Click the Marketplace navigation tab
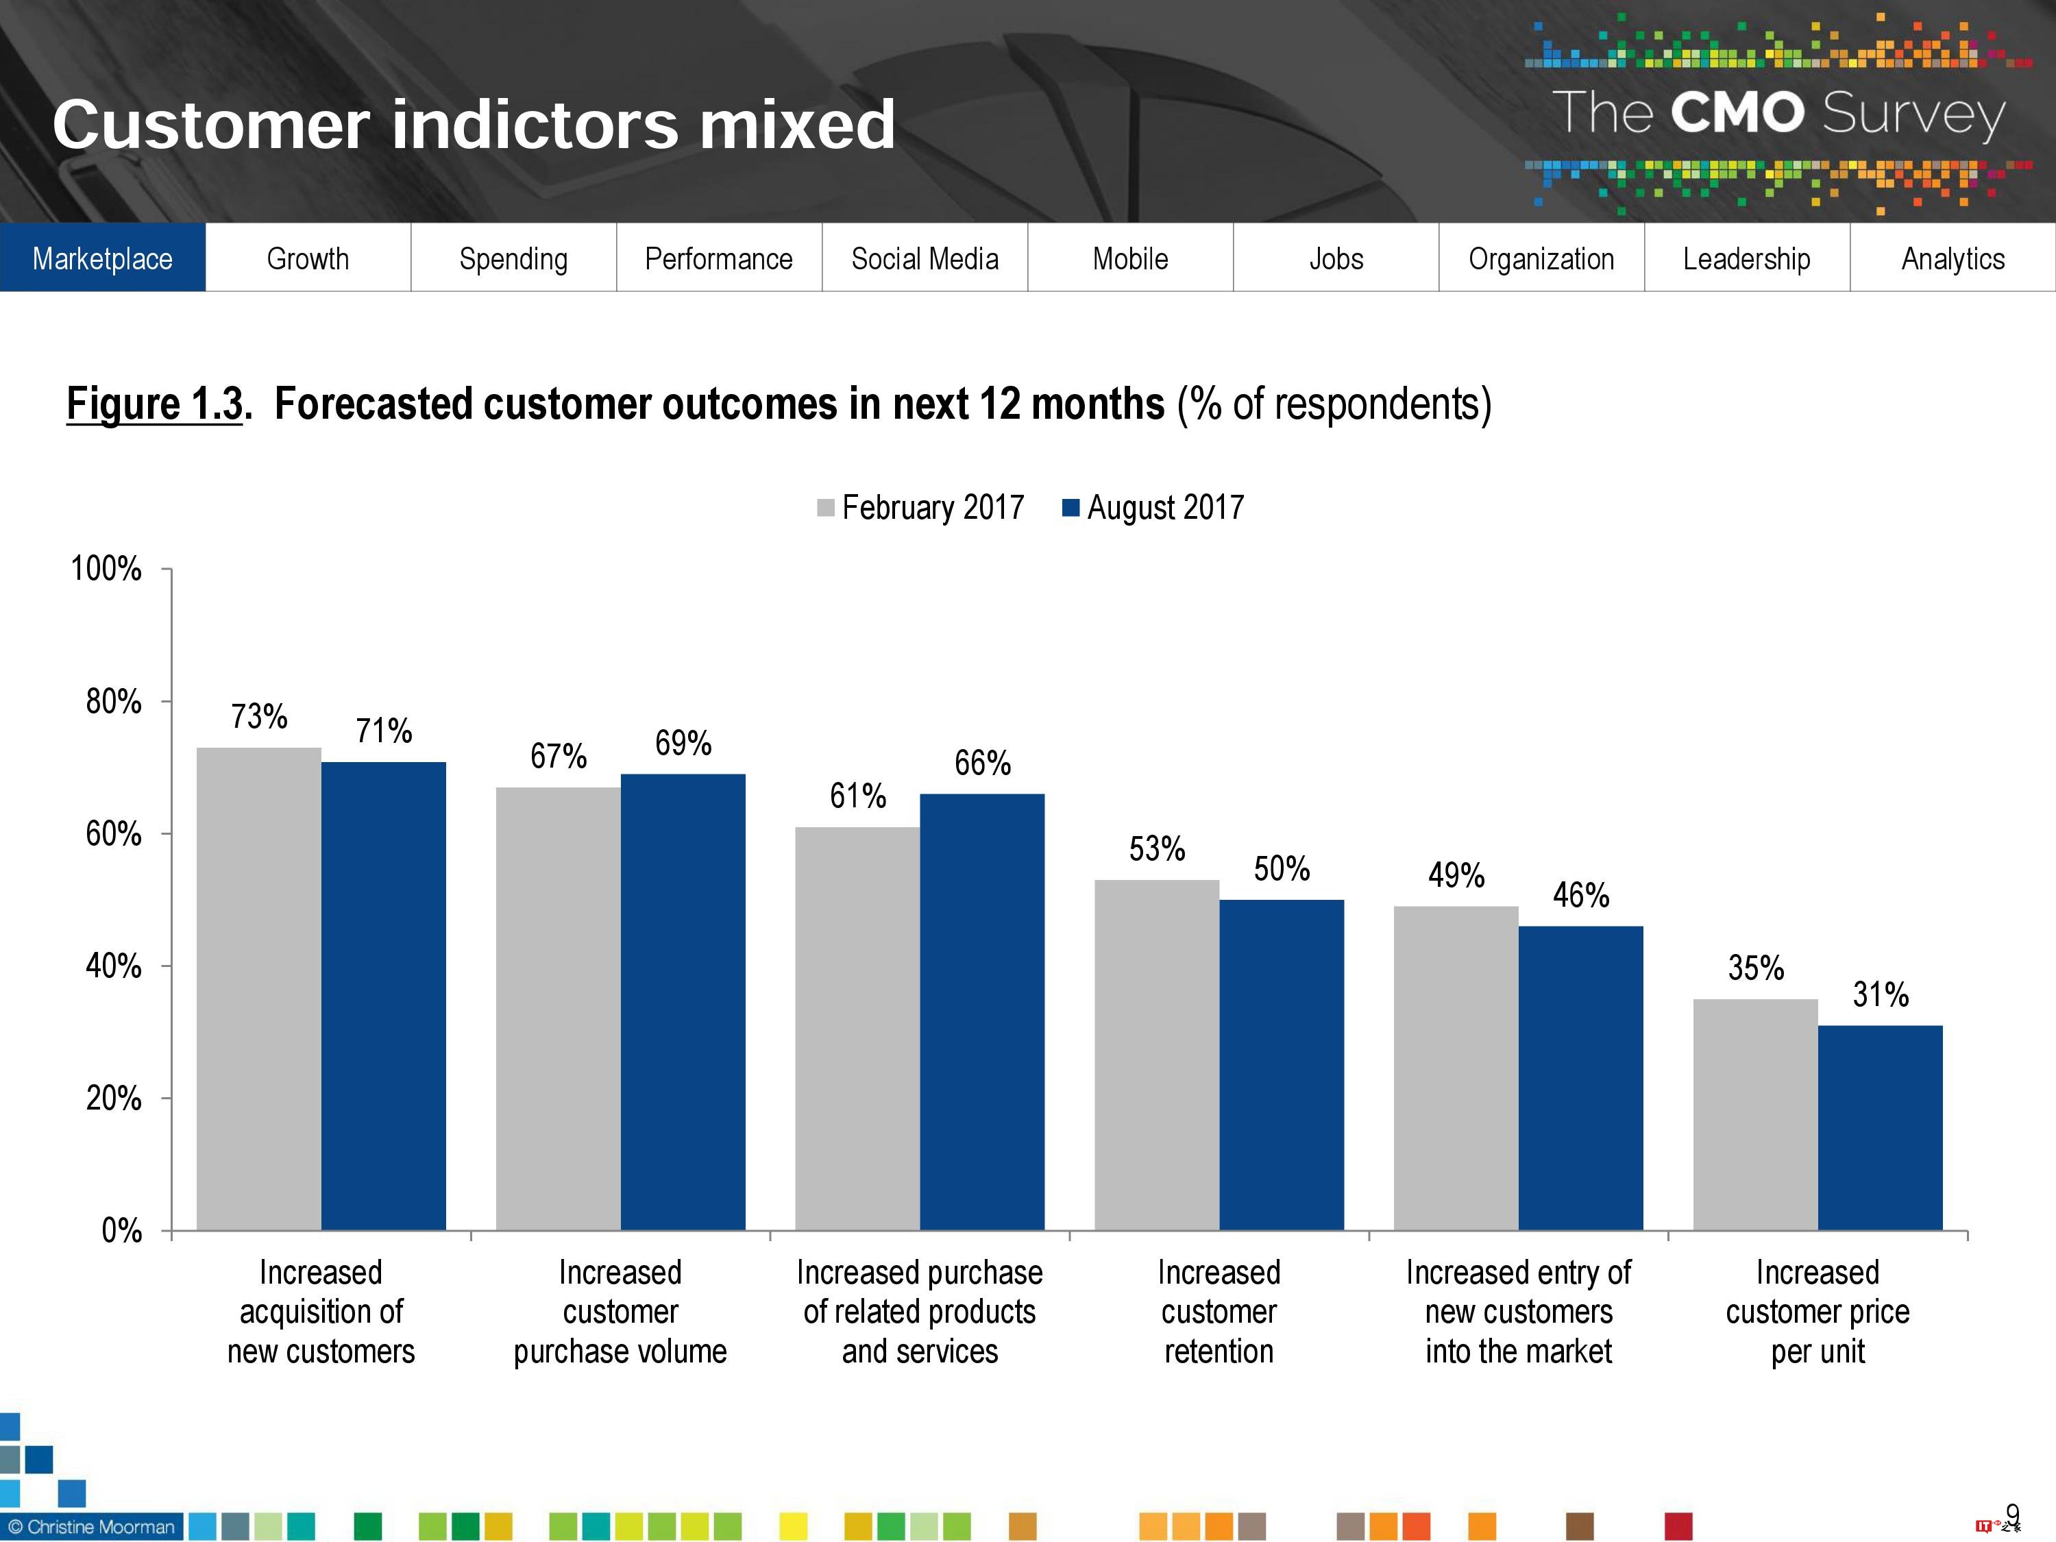coord(102,258)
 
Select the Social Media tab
coord(925,258)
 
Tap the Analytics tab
coord(1953,258)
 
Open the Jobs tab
coord(1336,258)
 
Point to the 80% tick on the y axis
coord(113,701)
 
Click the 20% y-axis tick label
coord(113,1099)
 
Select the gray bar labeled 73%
coord(258,990)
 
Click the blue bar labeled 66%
coord(983,1013)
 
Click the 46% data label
coord(1580,895)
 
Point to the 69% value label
coord(683,743)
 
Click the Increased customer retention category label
coord(1219,1312)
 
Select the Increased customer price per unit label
coord(1817,1312)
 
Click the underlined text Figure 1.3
coord(154,404)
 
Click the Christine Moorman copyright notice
coord(91,1527)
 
